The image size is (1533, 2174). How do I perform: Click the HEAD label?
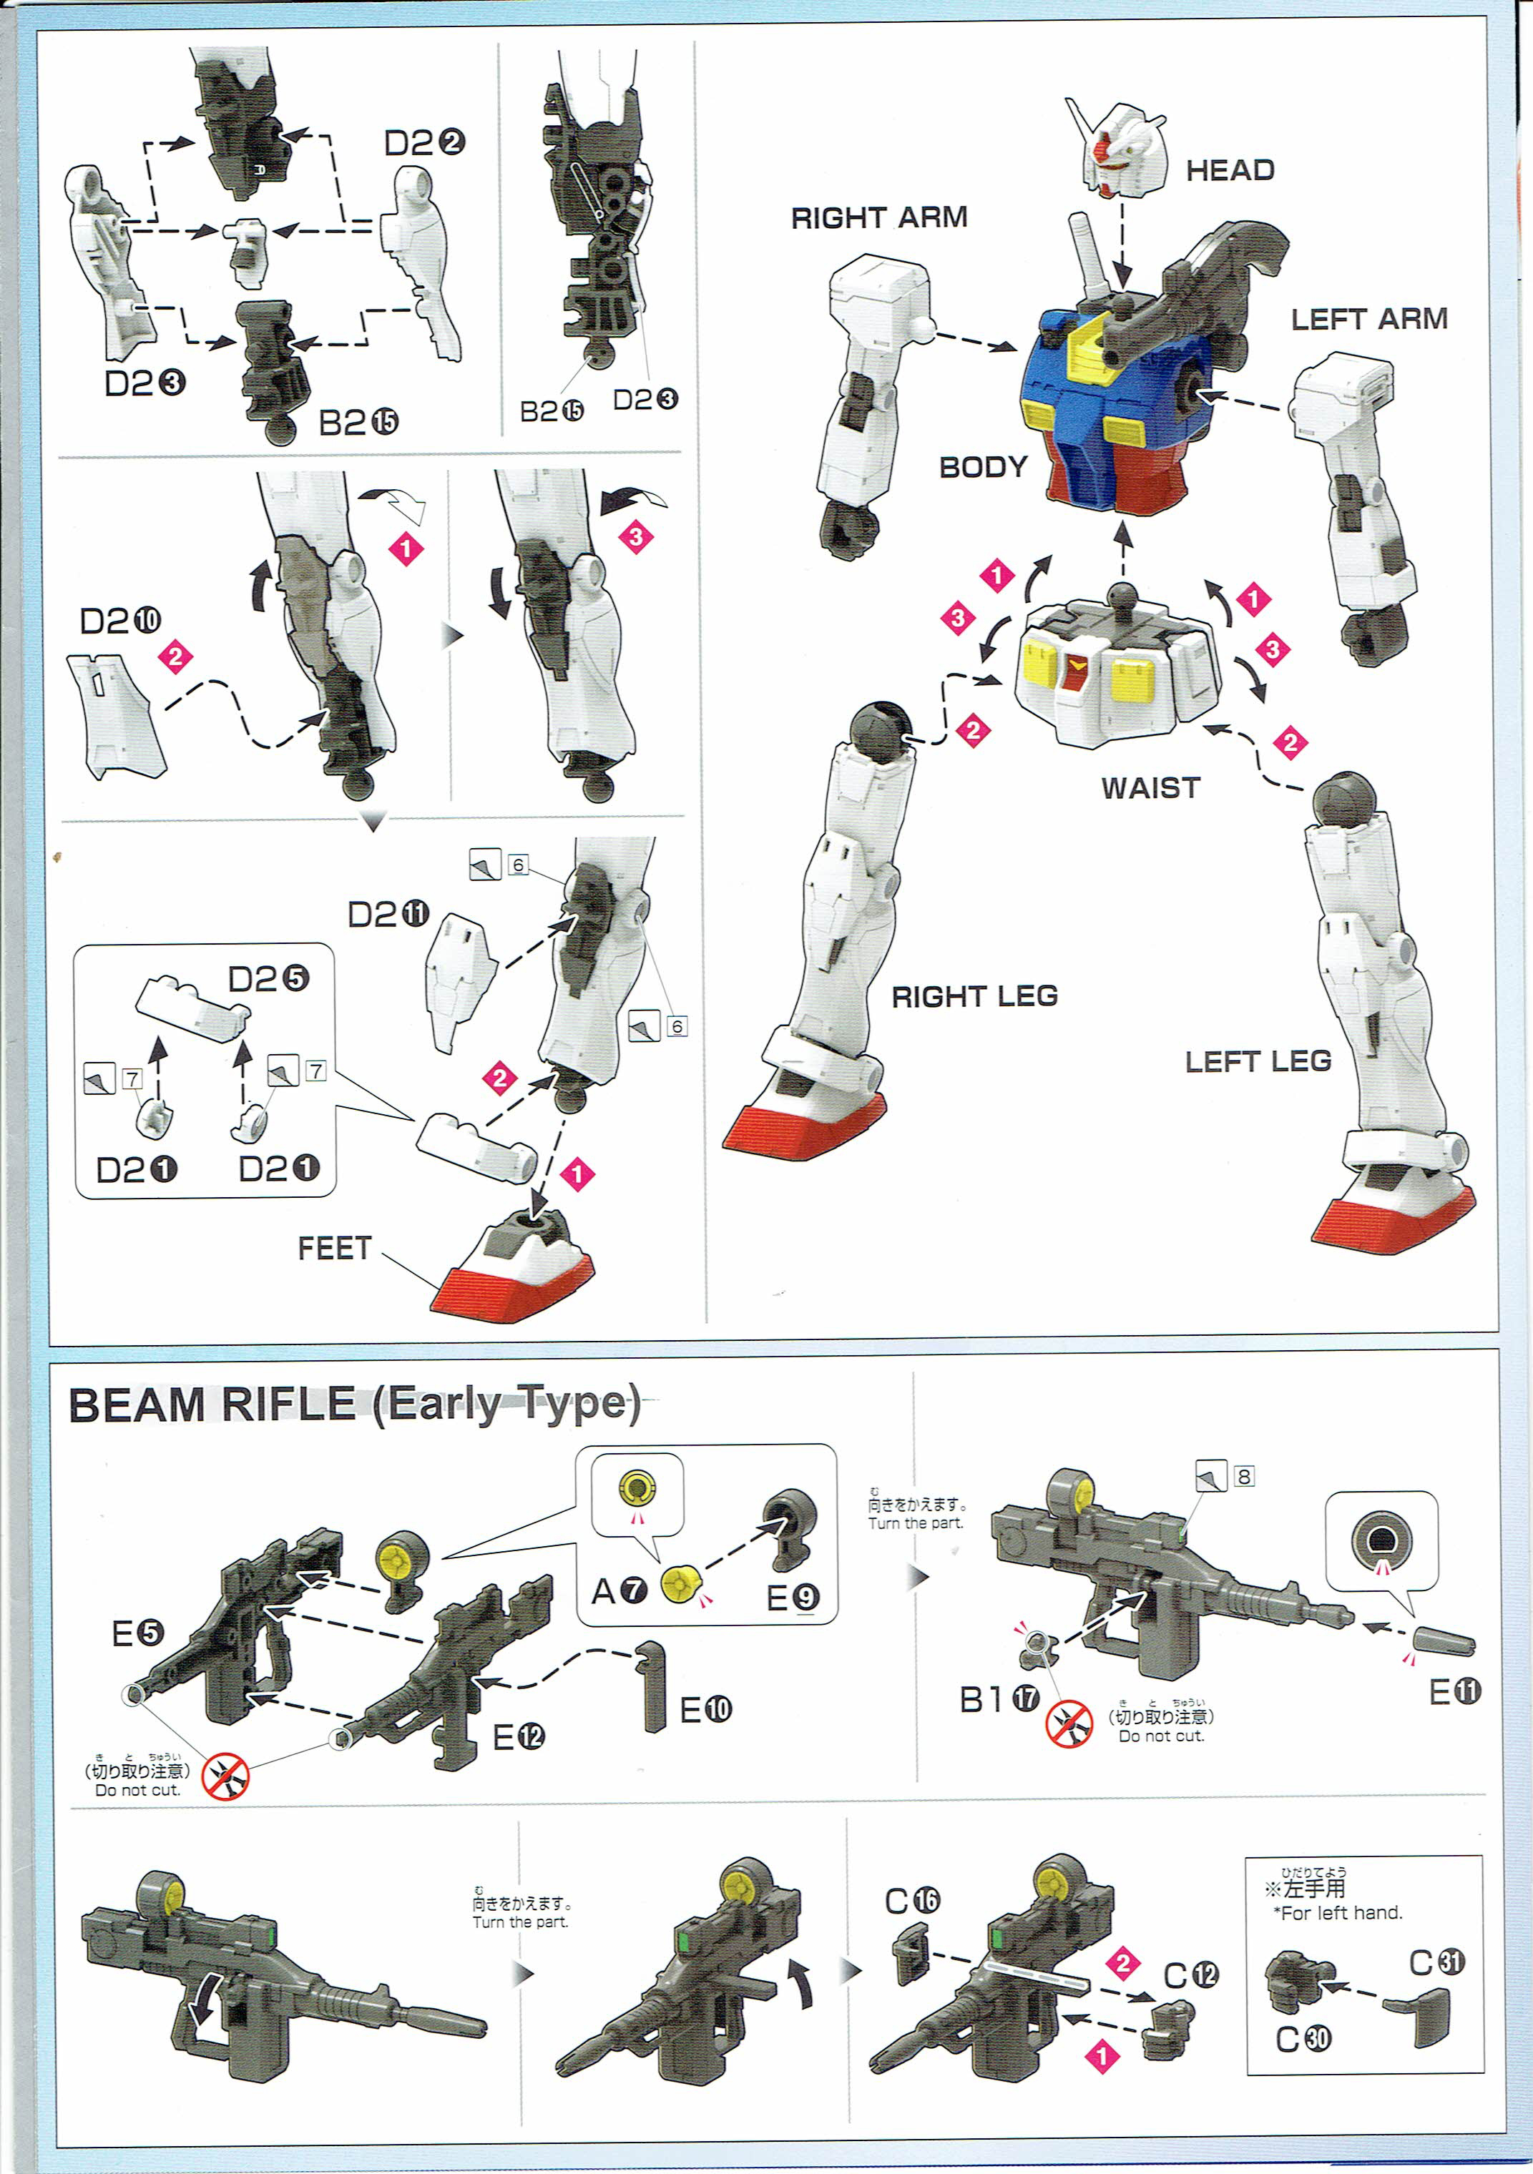(1229, 170)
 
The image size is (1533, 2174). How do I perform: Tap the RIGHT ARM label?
(878, 218)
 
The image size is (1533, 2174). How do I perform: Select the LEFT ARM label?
(1368, 319)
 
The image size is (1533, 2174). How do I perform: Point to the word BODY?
(982, 467)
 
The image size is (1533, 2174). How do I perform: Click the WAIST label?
(1150, 788)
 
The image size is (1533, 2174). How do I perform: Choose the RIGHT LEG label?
(974, 996)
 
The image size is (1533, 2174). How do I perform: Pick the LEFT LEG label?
(1258, 1061)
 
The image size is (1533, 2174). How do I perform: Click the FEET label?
(334, 1248)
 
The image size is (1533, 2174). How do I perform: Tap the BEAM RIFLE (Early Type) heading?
(354, 1405)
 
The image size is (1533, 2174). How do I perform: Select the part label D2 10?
(120, 621)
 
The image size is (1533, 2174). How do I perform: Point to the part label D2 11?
(388, 915)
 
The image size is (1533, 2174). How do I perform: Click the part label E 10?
(705, 1709)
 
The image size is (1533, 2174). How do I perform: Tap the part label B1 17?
(999, 1701)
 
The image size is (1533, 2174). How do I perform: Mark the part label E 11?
(1454, 1691)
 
